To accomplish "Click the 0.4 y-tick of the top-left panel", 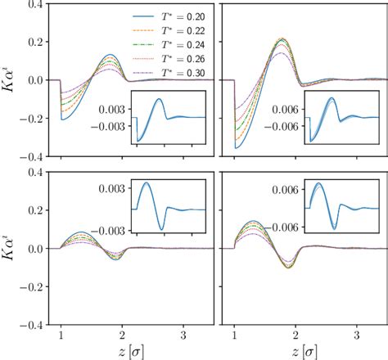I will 32,5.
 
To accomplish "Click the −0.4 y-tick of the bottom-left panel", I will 29,325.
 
